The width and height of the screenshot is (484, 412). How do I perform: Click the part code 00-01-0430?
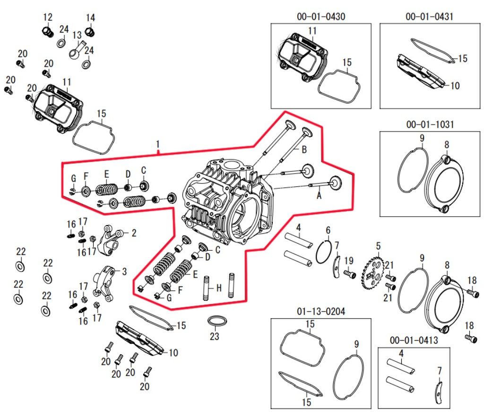[321, 17]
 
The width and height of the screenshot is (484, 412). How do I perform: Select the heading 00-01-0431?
[429, 17]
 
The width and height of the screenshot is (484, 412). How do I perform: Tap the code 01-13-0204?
[321, 312]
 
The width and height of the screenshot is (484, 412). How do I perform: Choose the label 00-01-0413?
[414, 341]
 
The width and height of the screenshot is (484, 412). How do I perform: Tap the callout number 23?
[215, 337]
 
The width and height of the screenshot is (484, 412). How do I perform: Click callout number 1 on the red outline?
[158, 143]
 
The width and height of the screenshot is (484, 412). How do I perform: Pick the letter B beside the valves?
[304, 150]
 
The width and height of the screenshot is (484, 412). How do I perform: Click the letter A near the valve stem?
[319, 194]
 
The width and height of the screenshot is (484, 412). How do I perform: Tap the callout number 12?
[48, 18]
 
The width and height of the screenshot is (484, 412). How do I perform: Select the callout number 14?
[90, 18]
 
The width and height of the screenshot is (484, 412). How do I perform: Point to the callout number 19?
[349, 260]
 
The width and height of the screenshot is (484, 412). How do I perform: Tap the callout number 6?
[328, 230]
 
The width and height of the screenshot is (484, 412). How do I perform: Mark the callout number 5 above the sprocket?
[378, 245]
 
